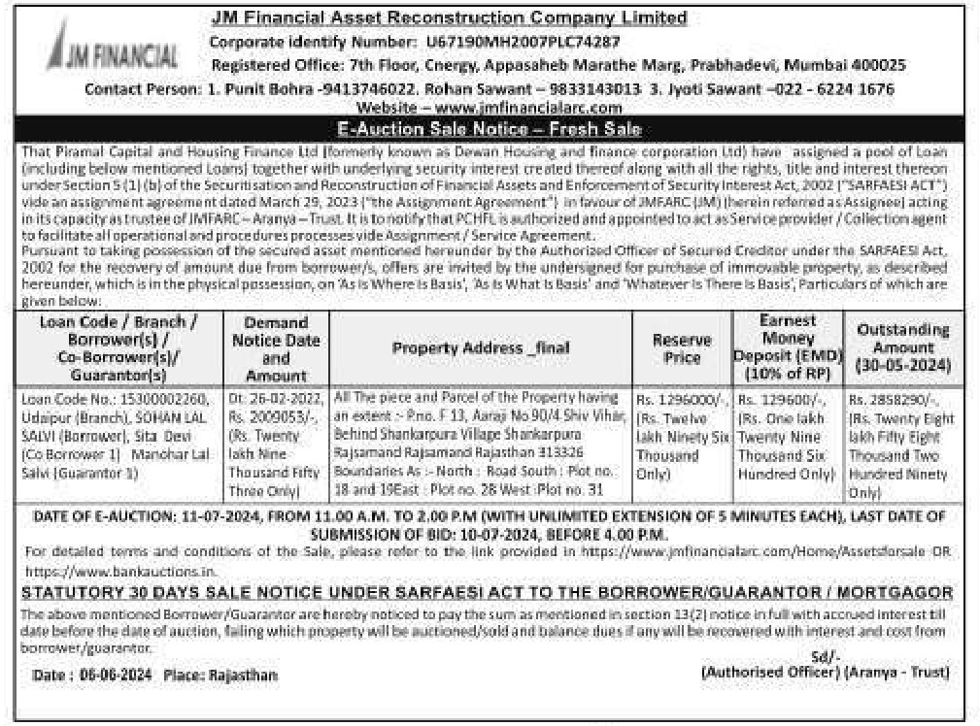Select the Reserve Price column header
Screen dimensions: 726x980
(x=681, y=348)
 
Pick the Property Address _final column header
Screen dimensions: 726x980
(x=480, y=348)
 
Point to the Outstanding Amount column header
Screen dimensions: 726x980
(x=903, y=347)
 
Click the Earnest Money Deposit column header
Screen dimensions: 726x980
(x=787, y=347)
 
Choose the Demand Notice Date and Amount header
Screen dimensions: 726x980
(x=276, y=348)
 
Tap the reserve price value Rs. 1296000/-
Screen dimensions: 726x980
(x=681, y=399)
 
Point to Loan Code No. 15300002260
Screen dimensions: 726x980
(x=116, y=398)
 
